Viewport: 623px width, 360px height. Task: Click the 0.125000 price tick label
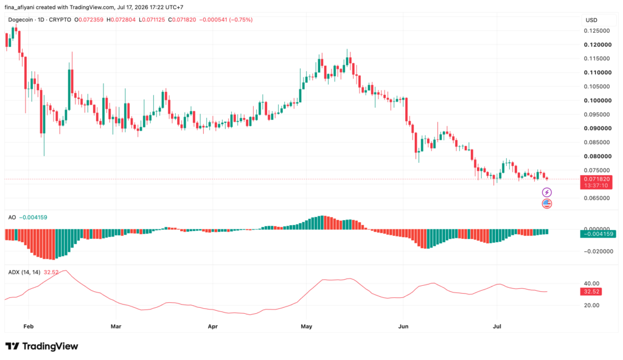pyautogui.click(x=597, y=30)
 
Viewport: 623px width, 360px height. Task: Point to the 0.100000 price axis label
pyautogui.click(x=597, y=100)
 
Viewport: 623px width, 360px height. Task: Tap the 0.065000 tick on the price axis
pyautogui.click(x=597, y=198)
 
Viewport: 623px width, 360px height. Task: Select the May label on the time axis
pyautogui.click(x=307, y=326)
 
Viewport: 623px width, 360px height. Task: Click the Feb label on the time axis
pyautogui.click(x=29, y=326)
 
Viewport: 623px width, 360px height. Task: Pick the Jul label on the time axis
pyautogui.click(x=496, y=326)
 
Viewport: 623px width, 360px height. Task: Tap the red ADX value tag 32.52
pyautogui.click(x=591, y=292)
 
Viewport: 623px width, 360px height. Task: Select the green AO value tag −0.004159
pyautogui.click(x=598, y=234)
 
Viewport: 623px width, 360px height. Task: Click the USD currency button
pyautogui.click(x=591, y=20)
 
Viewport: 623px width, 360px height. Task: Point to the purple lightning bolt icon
pyautogui.click(x=547, y=193)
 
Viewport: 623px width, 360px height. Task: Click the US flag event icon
pyautogui.click(x=547, y=204)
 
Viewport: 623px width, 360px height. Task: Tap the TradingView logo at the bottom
pyautogui.click(x=42, y=346)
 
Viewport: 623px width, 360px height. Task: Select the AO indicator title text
pyautogui.click(x=12, y=217)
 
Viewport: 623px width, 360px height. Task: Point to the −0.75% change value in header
pyautogui.click(x=240, y=19)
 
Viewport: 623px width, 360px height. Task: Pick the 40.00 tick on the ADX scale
pyautogui.click(x=591, y=283)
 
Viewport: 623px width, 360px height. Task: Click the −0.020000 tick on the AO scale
pyautogui.click(x=597, y=251)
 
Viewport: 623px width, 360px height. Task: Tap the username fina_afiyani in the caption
pyautogui.click(x=20, y=7)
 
